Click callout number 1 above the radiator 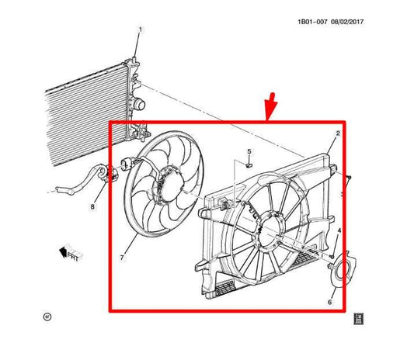141,30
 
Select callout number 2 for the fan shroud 338,135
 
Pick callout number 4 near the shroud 339,231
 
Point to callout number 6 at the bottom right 329,301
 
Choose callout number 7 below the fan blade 121,255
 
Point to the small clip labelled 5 249,164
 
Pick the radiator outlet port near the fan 140,103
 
